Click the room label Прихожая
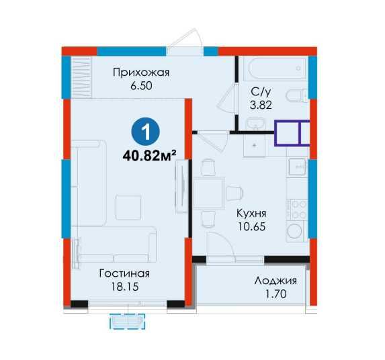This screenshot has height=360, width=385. (140, 73)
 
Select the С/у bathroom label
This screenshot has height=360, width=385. (261, 92)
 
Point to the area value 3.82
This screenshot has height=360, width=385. (261, 105)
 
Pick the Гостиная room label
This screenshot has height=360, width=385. (124, 274)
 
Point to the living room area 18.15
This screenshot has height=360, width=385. (124, 288)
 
